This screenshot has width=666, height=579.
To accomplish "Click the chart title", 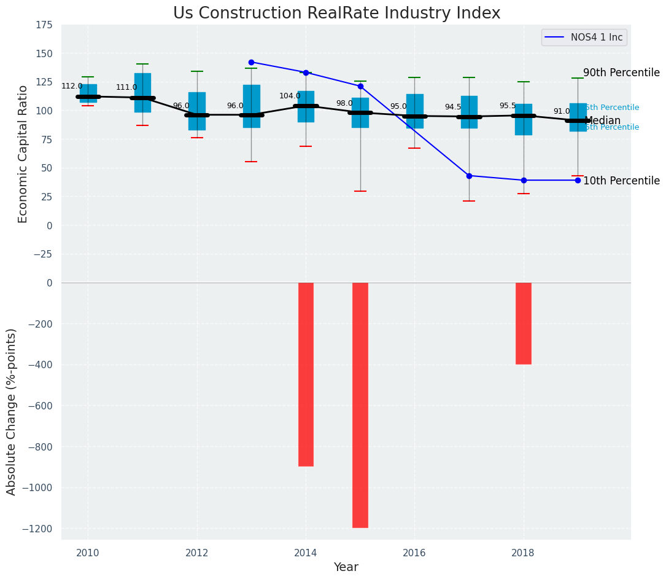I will point(336,14).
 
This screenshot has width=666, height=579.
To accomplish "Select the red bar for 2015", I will point(360,405).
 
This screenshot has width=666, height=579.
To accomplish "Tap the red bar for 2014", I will point(306,374).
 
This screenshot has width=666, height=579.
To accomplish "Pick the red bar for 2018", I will point(524,323).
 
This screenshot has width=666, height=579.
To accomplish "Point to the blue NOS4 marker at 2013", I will point(251,62).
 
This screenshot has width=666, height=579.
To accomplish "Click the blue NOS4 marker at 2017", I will point(469,176).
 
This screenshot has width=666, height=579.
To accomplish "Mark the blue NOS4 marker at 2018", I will point(524,180).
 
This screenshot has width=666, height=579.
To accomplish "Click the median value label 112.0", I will point(72,86).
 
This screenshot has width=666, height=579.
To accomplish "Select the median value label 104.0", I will point(290,96).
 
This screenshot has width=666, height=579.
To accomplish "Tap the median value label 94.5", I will point(453,107).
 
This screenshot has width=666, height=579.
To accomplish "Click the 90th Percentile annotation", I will point(621,73).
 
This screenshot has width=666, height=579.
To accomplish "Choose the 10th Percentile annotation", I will point(621,181).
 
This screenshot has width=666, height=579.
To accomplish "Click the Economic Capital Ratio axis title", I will point(23,154).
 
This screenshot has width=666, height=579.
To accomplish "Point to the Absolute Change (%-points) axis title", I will point(12,411).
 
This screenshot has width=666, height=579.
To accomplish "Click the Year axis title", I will point(346,567).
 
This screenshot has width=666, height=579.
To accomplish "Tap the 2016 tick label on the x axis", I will point(414,553).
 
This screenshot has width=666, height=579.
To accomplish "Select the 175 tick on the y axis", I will point(44,25).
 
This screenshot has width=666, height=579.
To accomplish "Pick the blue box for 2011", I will point(142,92).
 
